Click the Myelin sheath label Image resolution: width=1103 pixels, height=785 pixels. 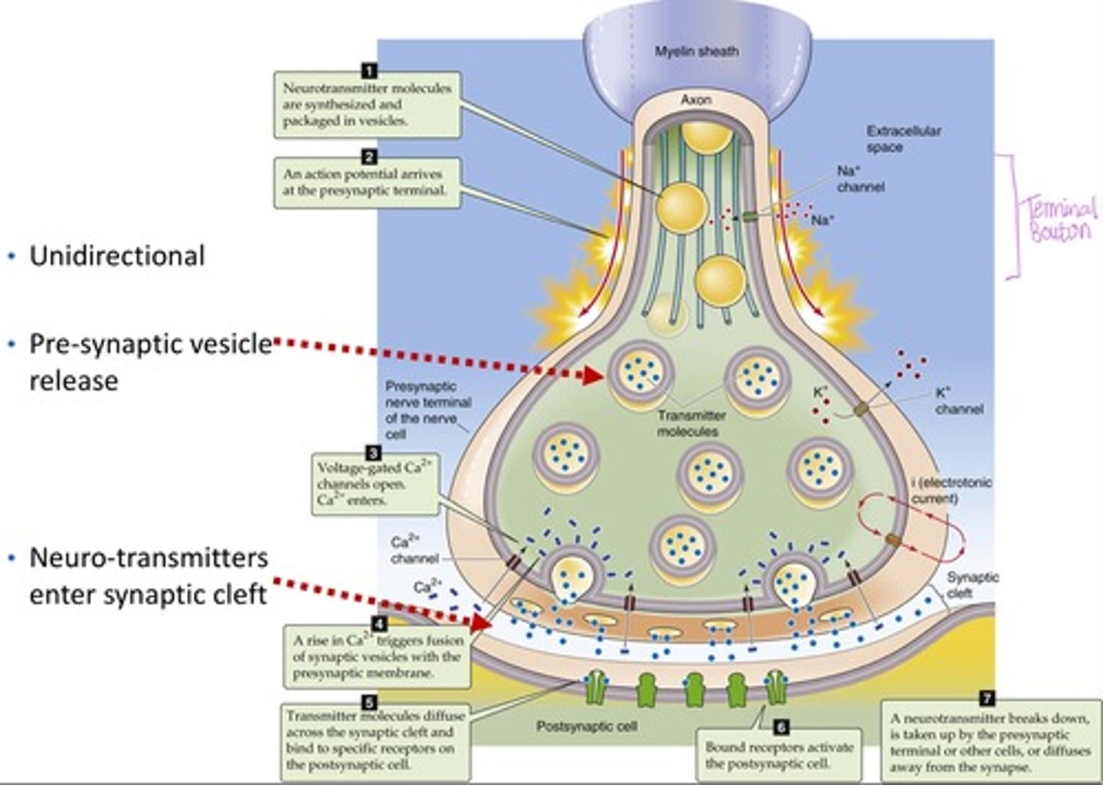696,51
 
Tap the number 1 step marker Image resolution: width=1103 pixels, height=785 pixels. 368,71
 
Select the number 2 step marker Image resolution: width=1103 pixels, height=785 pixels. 368,157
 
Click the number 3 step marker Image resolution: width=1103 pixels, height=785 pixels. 374,453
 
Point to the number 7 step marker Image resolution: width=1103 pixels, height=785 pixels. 987,698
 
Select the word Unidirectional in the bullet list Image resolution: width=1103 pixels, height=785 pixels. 116,256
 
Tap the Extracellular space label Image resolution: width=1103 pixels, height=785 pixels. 903,139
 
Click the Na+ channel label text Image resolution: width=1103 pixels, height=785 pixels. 859,179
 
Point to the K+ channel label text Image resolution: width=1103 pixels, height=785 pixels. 958,401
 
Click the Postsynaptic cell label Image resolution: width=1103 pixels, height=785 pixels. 586,726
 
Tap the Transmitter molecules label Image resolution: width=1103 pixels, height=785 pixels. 691,424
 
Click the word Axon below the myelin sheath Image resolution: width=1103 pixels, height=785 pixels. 696,100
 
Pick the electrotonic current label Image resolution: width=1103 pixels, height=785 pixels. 951,490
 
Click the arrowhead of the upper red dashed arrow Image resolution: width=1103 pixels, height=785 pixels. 594,375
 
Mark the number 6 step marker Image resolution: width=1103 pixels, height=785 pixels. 781,727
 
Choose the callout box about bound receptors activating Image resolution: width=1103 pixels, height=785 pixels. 778,755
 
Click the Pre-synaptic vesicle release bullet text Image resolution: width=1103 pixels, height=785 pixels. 150,361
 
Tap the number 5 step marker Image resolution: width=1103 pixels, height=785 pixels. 368,701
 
